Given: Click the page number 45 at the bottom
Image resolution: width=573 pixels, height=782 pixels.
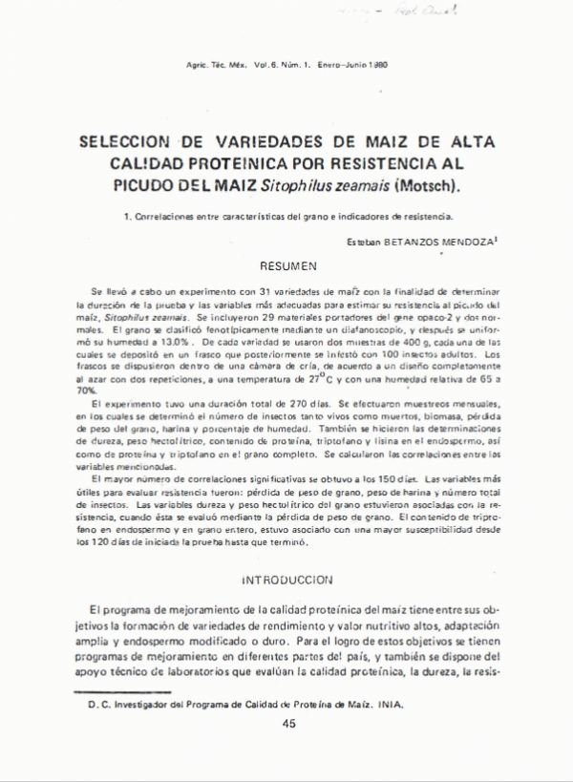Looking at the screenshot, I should pos(289,724).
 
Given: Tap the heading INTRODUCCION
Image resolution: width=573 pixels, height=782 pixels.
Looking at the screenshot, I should pos(286,579).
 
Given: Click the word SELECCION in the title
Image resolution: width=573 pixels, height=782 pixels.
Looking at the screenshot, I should pos(124,141).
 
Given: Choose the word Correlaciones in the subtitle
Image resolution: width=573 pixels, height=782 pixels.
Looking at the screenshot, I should pos(165,217).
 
